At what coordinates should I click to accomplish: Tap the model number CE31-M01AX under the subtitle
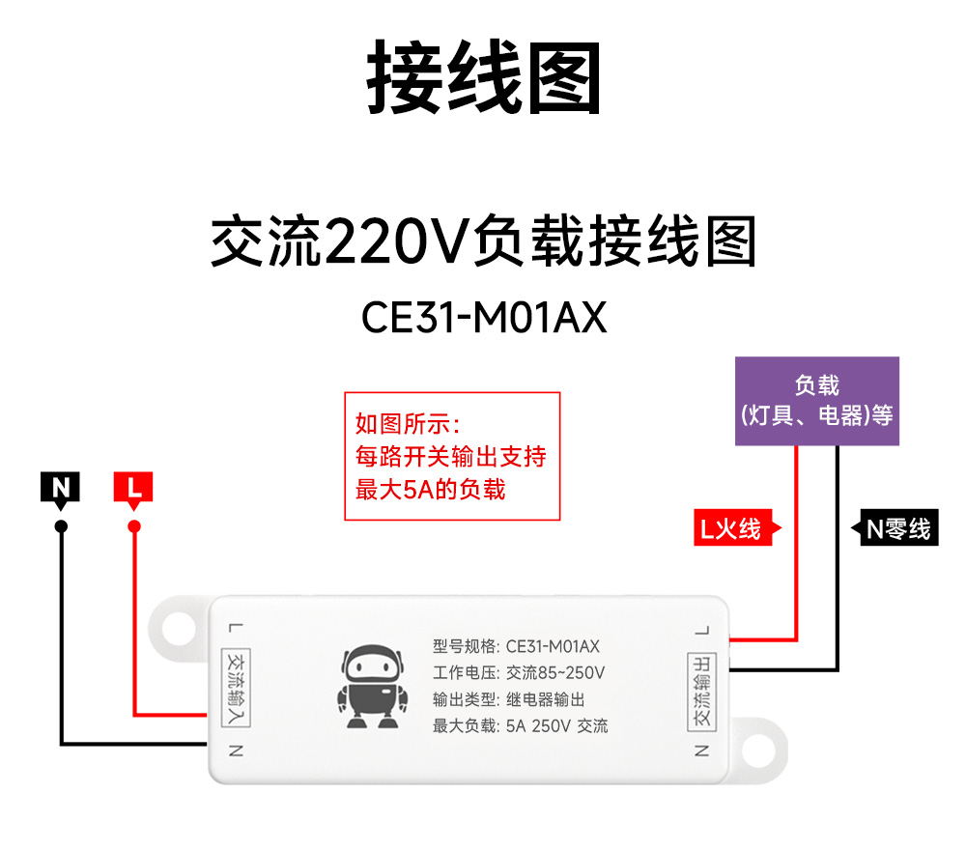[484, 318]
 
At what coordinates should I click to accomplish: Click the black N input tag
[61, 490]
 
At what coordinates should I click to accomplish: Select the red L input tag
[133, 490]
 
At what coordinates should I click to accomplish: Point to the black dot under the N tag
[61, 526]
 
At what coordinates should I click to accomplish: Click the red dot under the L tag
[134, 526]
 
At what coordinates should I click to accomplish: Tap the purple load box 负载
[817, 401]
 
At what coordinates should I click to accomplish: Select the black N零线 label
[896, 528]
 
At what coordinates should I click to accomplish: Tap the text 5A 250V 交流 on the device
[557, 726]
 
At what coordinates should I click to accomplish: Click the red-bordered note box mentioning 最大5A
[452, 456]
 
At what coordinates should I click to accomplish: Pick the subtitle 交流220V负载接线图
[483, 241]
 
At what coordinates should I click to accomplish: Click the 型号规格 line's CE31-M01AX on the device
[553, 646]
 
